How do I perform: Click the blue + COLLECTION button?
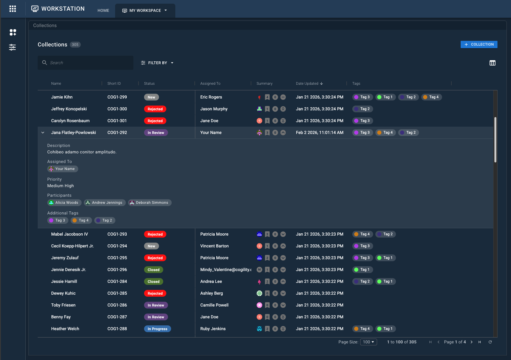tap(479, 44)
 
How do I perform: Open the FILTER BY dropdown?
tap(157, 63)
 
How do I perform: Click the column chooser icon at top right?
tap(492, 63)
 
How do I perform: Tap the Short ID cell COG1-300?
tap(117, 109)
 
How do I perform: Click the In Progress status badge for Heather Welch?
tap(157, 329)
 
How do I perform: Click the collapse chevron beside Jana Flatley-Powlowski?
tap(43, 133)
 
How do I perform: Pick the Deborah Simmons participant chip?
tap(150, 203)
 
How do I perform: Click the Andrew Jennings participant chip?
tap(105, 203)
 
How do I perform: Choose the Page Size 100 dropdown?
tap(368, 342)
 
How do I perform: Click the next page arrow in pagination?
tap(472, 342)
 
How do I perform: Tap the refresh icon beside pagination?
tap(490, 342)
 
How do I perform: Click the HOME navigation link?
tap(103, 10)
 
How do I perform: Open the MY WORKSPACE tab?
tap(145, 10)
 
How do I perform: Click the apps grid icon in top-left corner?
tap(13, 9)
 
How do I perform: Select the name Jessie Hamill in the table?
tap(64, 281)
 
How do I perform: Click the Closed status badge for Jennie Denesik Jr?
tap(153, 270)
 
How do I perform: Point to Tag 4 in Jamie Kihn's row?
tap(431, 97)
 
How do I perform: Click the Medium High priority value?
tap(60, 186)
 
